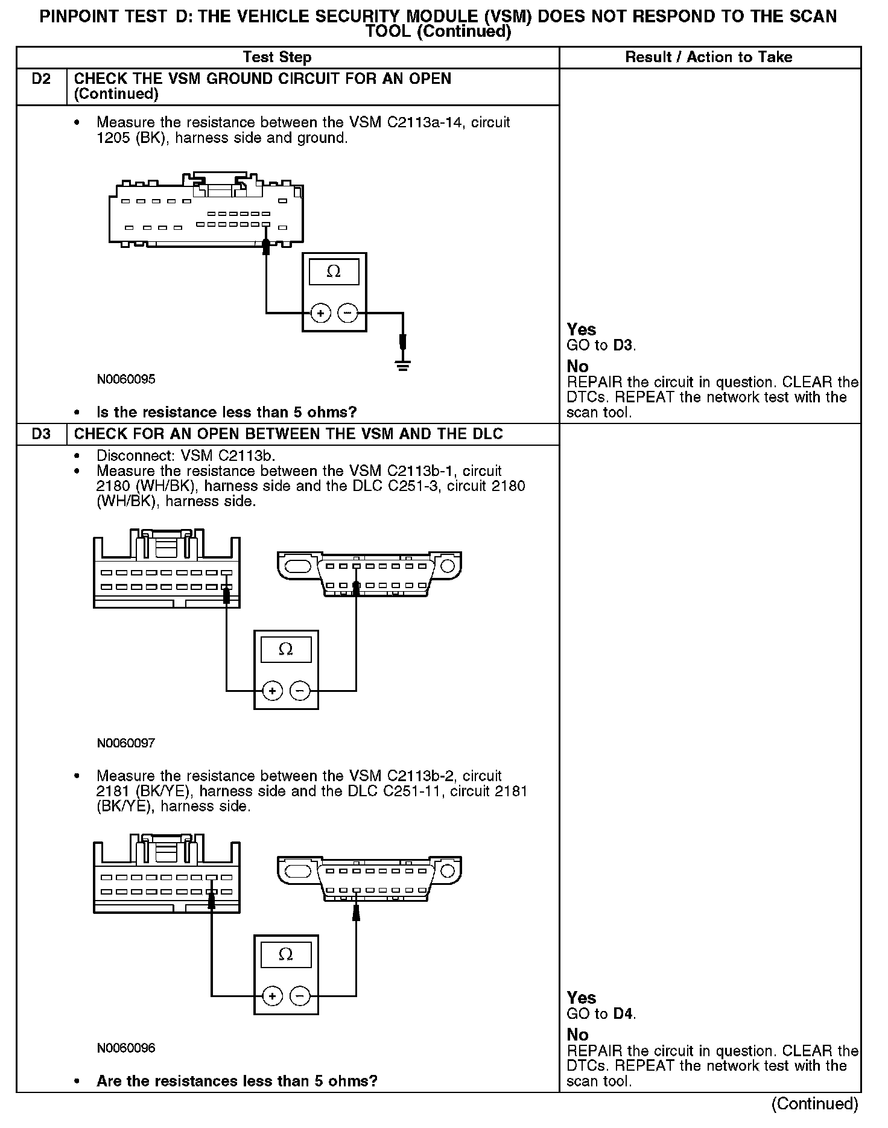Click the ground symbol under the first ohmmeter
[x=403, y=365]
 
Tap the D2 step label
[x=41, y=79]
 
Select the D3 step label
[x=41, y=434]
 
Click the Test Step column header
[x=277, y=57]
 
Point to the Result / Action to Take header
[x=709, y=57]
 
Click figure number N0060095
[x=126, y=379]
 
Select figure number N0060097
[x=126, y=743]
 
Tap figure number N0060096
[x=126, y=1048]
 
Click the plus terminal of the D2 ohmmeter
[x=320, y=313]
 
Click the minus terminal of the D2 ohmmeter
[x=347, y=313]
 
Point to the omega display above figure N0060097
[x=286, y=650]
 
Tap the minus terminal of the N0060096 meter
[x=300, y=995]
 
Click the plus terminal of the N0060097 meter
[x=273, y=691]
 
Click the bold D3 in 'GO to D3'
[x=623, y=346]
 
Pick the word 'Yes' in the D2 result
[x=582, y=329]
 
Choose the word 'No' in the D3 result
[x=577, y=1035]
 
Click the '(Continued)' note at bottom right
[x=814, y=1103]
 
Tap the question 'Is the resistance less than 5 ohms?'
[x=227, y=413]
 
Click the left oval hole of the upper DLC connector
[x=297, y=566]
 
